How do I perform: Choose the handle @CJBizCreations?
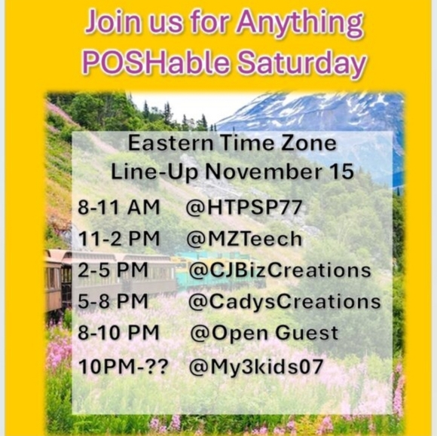280,270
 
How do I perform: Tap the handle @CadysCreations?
285,301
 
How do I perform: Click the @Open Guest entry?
264,333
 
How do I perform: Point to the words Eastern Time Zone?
232,142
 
